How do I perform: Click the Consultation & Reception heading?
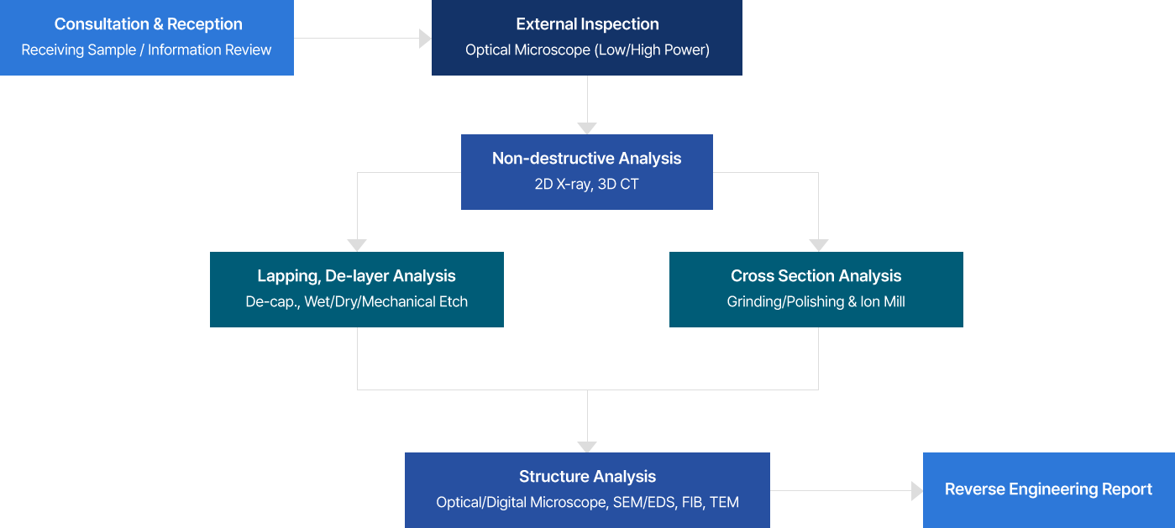coord(149,24)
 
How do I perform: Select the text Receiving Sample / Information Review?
coord(146,50)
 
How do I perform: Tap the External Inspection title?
coord(588,24)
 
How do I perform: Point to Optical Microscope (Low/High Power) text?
coord(588,50)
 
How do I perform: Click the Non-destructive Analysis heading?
coord(586,159)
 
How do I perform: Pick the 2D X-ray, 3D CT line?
coord(586,184)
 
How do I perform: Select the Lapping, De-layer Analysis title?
coord(357,276)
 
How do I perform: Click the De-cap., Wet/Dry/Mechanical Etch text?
coord(357,301)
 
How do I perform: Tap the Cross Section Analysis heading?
coord(816,276)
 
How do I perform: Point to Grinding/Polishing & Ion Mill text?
coord(816,301)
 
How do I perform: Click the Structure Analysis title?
coord(588,477)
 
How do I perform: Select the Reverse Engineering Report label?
coord(1048,489)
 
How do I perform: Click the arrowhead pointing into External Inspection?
coord(425,39)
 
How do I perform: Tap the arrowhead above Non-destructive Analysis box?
coord(587,128)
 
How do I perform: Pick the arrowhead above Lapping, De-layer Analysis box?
coord(357,245)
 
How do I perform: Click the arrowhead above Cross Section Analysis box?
coord(819,245)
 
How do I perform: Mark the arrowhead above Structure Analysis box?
coord(587,447)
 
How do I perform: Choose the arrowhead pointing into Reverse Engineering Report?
coord(917,491)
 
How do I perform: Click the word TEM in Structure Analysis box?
coord(725,502)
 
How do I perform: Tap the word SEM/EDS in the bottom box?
coord(644,502)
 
